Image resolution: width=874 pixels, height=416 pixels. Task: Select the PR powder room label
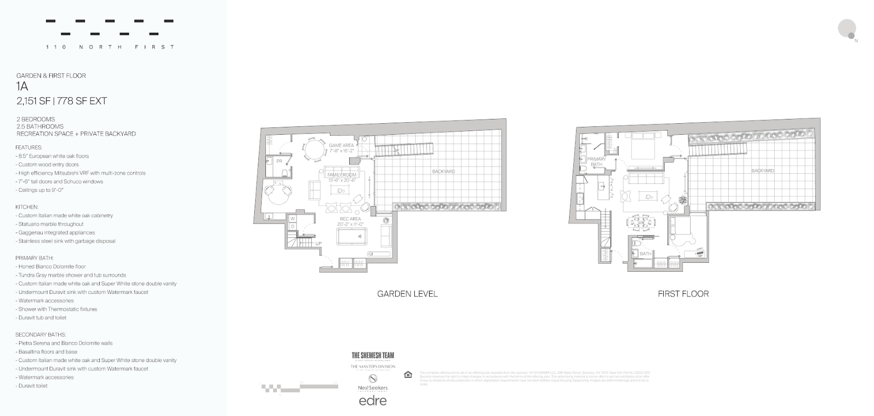[279, 161]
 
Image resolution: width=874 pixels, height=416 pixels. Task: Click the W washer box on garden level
[292, 218]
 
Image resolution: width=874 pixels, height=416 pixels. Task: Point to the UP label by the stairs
[318, 244]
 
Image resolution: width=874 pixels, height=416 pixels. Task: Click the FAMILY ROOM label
[342, 174]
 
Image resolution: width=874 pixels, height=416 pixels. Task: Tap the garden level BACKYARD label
[443, 171]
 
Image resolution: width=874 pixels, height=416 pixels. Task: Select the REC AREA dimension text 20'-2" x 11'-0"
[351, 224]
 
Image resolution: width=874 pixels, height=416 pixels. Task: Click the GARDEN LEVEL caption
[407, 294]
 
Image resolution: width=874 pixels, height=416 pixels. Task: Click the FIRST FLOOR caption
[683, 294]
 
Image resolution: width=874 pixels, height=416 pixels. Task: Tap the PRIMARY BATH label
[597, 161]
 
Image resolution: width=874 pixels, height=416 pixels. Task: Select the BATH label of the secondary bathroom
[645, 254]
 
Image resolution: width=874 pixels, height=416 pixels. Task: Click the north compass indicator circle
[847, 28]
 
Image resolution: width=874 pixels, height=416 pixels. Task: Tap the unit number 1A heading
[22, 87]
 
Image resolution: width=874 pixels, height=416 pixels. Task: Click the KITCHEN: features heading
[27, 207]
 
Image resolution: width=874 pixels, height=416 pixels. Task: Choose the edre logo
[373, 401]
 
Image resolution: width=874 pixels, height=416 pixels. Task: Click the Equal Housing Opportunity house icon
[408, 375]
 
